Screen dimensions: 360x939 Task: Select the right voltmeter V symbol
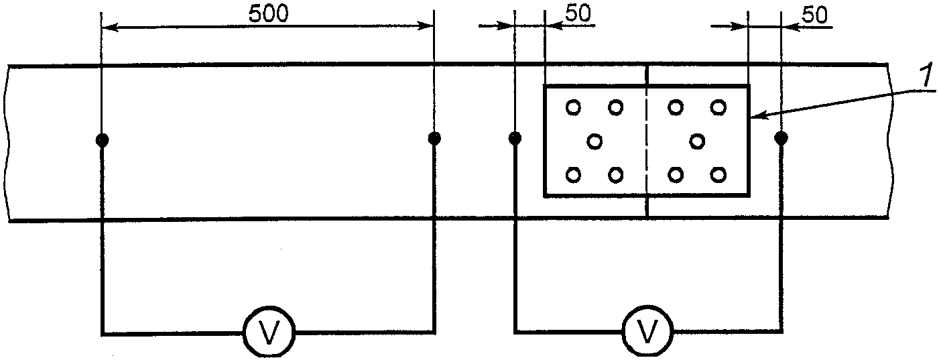coord(647,331)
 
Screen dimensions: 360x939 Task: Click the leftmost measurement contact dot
coord(102,140)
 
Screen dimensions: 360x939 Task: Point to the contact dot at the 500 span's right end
coord(434,139)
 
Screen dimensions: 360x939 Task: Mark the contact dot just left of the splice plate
coord(515,139)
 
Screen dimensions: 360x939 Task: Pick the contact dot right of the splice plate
coord(781,139)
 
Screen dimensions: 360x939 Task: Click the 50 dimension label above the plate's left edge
coord(578,15)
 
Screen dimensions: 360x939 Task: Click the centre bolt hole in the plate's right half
coord(697,141)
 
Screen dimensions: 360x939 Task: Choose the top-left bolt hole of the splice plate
coord(574,107)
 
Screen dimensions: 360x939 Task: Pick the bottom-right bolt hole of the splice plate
coord(718,175)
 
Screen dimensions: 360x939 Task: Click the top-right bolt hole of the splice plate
coord(718,107)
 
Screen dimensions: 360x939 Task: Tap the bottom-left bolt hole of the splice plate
coord(574,175)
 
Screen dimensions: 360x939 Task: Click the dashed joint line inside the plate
coord(647,141)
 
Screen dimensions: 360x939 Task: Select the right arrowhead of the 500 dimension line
coord(428,27)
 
